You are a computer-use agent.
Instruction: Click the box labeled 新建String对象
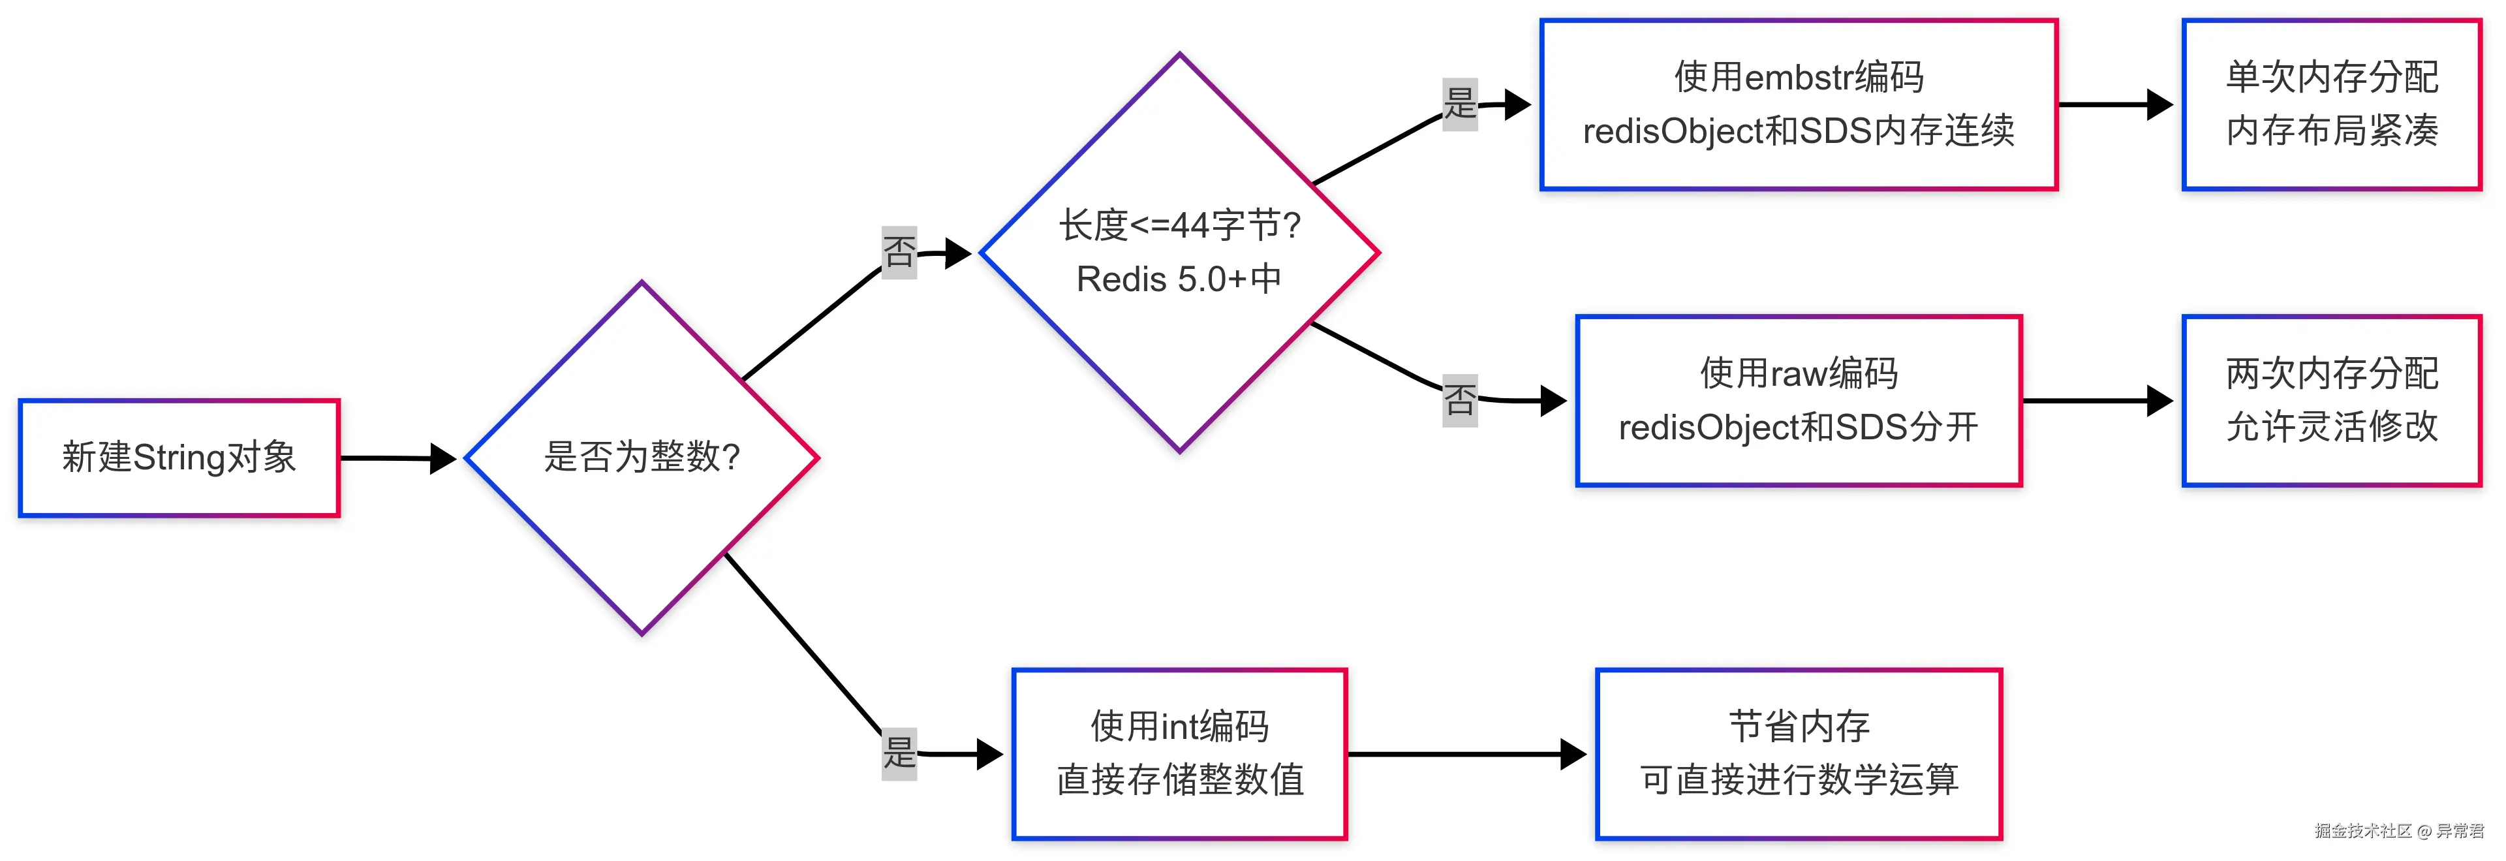pos(179,457)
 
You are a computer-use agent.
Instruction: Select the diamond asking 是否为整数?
pos(642,457)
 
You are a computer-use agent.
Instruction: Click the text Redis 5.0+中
pos(1179,280)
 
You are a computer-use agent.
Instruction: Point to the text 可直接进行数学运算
pos(1798,780)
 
